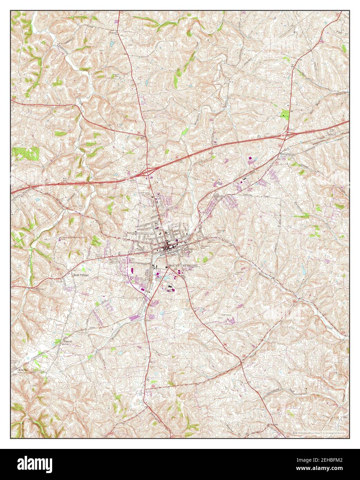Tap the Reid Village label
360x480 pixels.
(80, 275)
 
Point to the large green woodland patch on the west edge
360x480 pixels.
(26, 152)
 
